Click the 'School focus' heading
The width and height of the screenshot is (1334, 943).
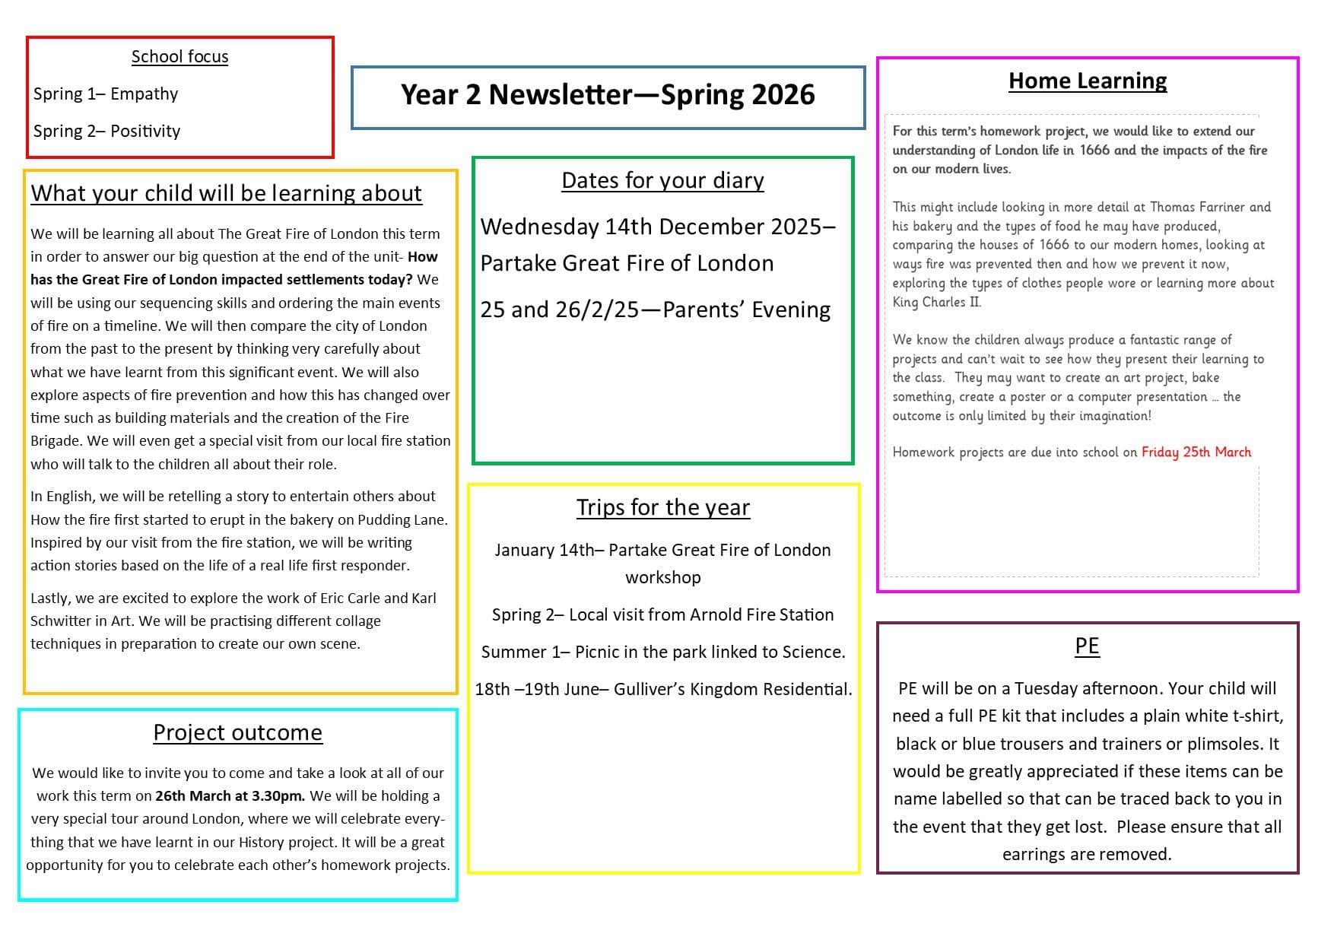pyautogui.click(x=179, y=57)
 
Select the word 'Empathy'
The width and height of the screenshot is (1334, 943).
pyautogui.click(x=144, y=94)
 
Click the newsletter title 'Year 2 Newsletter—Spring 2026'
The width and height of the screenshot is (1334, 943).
pyautogui.click(x=608, y=95)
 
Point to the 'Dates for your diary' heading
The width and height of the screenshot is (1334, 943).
pyautogui.click(x=662, y=181)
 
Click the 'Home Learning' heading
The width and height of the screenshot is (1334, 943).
pyautogui.click(x=1087, y=81)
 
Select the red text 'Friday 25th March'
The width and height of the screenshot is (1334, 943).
pyautogui.click(x=1196, y=452)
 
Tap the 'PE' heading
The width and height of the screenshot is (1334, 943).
pyautogui.click(x=1087, y=646)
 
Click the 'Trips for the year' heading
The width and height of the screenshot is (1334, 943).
pyautogui.click(x=662, y=508)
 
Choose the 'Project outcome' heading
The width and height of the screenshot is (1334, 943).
pyautogui.click(x=237, y=733)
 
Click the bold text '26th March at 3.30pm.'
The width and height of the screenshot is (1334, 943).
pyautogui.click(x=230, y=796)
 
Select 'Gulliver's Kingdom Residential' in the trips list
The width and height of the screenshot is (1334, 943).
pyautogui.click(x=732, y=690)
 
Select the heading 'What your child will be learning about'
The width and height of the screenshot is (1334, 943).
pyautogui.click(x=226, y=194)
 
